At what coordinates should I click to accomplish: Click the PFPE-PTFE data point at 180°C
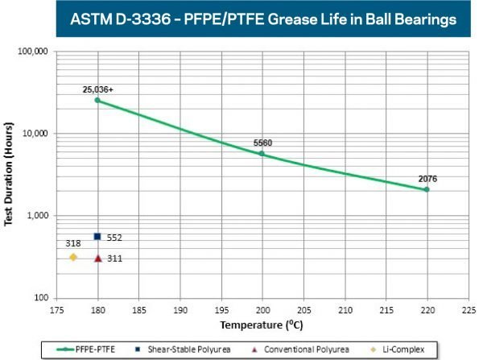(x=97, y=100)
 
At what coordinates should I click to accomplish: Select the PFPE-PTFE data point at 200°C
(x=262, y=153)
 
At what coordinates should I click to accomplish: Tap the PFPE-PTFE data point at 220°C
(x=427, y=189)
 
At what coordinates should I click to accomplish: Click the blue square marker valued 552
(x=97, y=237)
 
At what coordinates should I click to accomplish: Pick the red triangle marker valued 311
(x=98, y=259)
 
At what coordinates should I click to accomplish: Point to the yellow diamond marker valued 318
(x=73, y=257)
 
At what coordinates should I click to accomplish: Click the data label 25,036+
(x=98, y=89)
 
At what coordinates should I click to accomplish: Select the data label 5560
(x=262, y=143)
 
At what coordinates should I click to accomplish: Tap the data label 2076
(x=428, y=178)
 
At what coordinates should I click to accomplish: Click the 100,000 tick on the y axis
(x=34, y=52)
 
